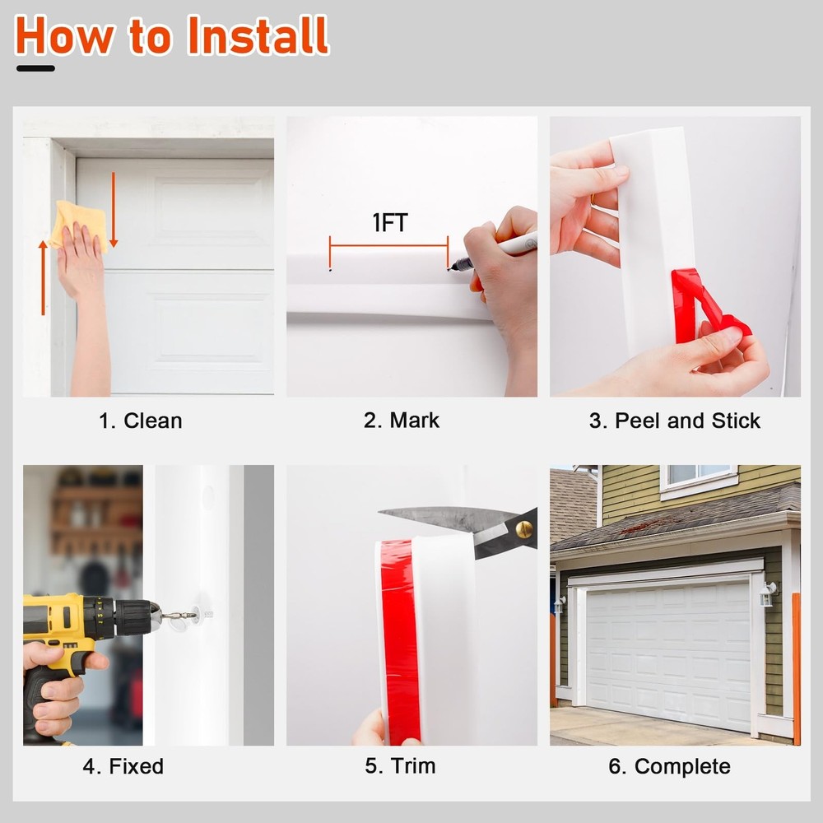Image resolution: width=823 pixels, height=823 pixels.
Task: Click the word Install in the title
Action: point(258,35)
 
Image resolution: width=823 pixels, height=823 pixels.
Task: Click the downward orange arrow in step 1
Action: point(114,210)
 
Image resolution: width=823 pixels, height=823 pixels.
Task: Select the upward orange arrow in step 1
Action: point(43,278)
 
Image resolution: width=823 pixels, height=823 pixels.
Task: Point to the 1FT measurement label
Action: point(389,222)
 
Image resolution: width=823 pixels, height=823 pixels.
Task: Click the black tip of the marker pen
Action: point(450,269)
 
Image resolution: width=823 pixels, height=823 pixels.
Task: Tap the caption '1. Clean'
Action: point(141,421)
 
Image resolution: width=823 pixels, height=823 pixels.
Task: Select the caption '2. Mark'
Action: point(402,421)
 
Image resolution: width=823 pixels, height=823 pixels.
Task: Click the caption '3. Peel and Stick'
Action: point(675,421)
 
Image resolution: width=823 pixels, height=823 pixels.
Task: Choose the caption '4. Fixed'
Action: point(123,766)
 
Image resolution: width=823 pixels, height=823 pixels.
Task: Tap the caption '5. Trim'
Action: point(401,765)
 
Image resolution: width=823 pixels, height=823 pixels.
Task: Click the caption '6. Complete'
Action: point(670,767)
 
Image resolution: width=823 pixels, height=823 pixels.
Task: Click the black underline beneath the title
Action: point(35,68)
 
